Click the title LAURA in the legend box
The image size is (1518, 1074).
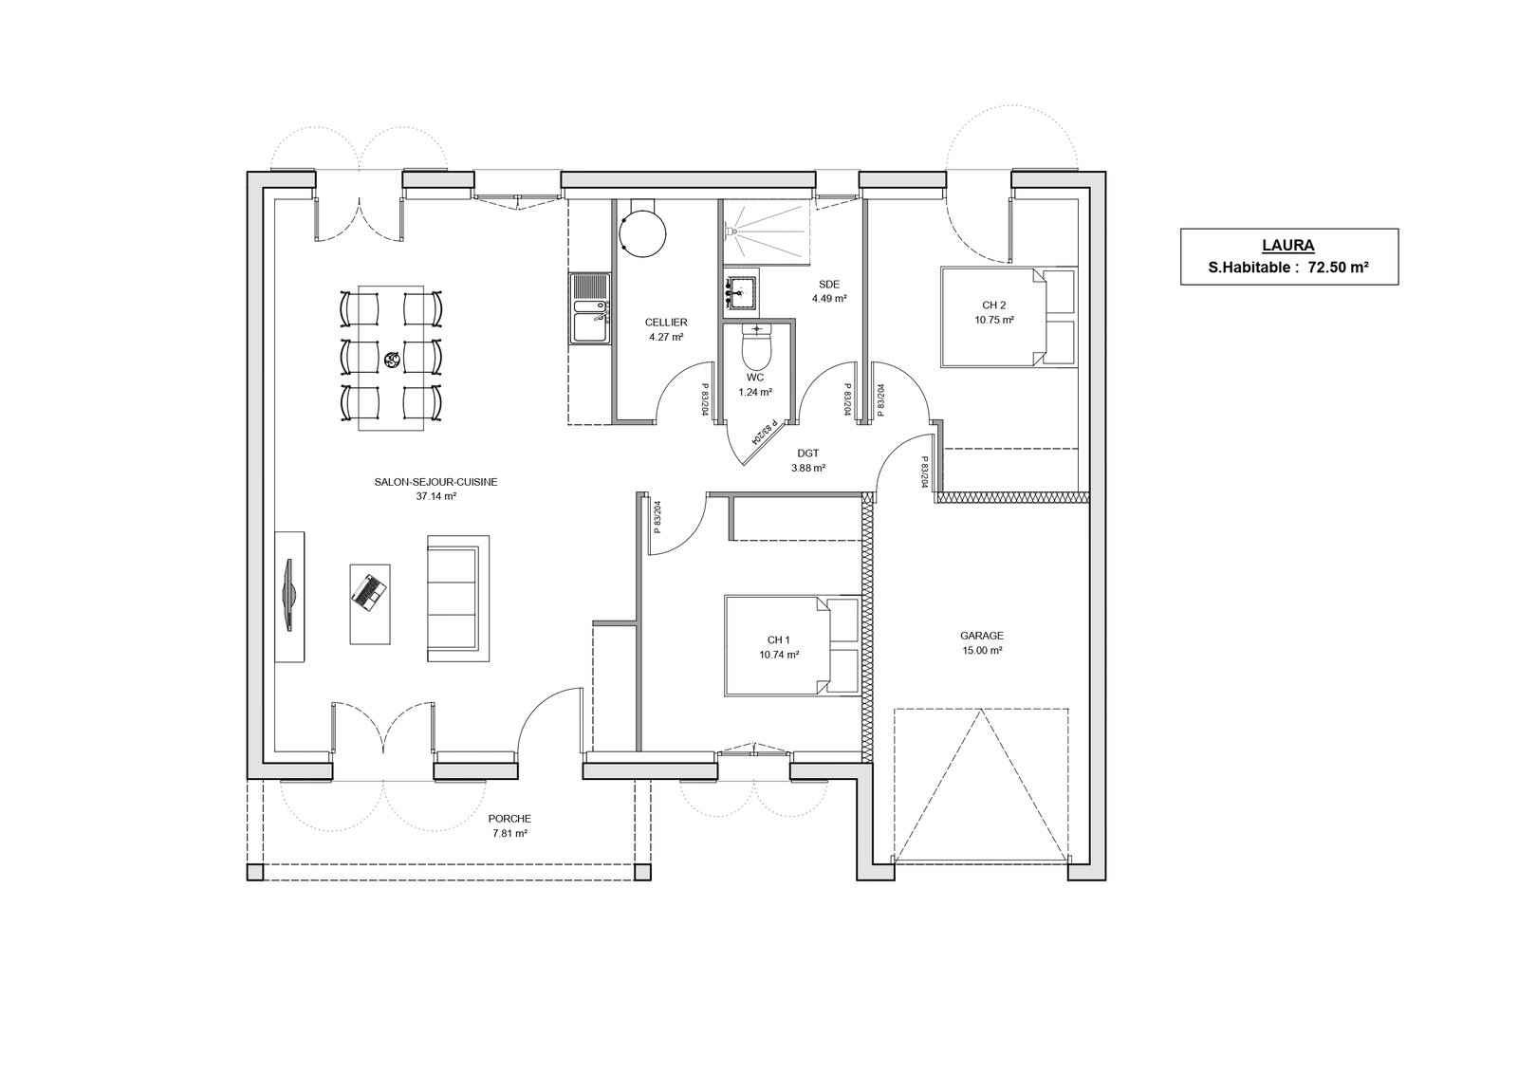pyautogui.click(x=1288, y=246)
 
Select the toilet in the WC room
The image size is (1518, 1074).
pyautogui.click(x=756, y=345)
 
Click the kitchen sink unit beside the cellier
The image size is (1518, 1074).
pyautogui.click(x=590, y=308)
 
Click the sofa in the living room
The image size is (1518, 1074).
pyautogui.click(x=458, y=599)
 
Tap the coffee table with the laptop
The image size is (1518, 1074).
pyautogui.click(x=370, y=603)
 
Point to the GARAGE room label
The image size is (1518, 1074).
pyautogui.click(x=982, y=636)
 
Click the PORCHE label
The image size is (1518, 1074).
pyautogui.click(x=509, y=819)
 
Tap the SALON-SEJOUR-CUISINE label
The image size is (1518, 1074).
pyautogui.click(x=435, y=483)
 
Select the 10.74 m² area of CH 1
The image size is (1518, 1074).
pyautogui.click(x=779, y=655)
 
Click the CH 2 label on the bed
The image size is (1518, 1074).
pyautogui.click(x=994, y=306)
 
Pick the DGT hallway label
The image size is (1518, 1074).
pyautogui.click(x=807, y=454)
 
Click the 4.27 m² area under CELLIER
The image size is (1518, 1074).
pyautogui.click(x=666, y=336)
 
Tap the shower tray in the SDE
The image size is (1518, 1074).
pyautogui.click(x=767, y=231)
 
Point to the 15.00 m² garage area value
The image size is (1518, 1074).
pyautogui.click(x=982, y=651)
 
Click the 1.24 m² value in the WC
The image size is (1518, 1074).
pyautogui.click(x=755, y=392)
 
